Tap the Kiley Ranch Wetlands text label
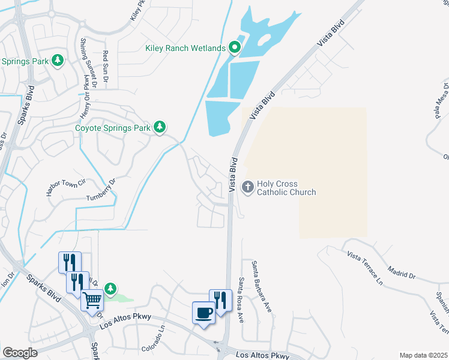point(185,48)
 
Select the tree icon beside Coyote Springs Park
point(160,127)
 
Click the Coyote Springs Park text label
point(113,128)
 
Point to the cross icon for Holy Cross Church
point(247,188)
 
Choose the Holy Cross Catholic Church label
point(286,188)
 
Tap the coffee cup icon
point(203,313)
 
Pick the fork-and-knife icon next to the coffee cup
point(220,301)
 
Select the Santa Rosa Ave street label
point(241,299)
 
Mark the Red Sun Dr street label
point(105,65)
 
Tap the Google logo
point(20,353)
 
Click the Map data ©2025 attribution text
point(423,355)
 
